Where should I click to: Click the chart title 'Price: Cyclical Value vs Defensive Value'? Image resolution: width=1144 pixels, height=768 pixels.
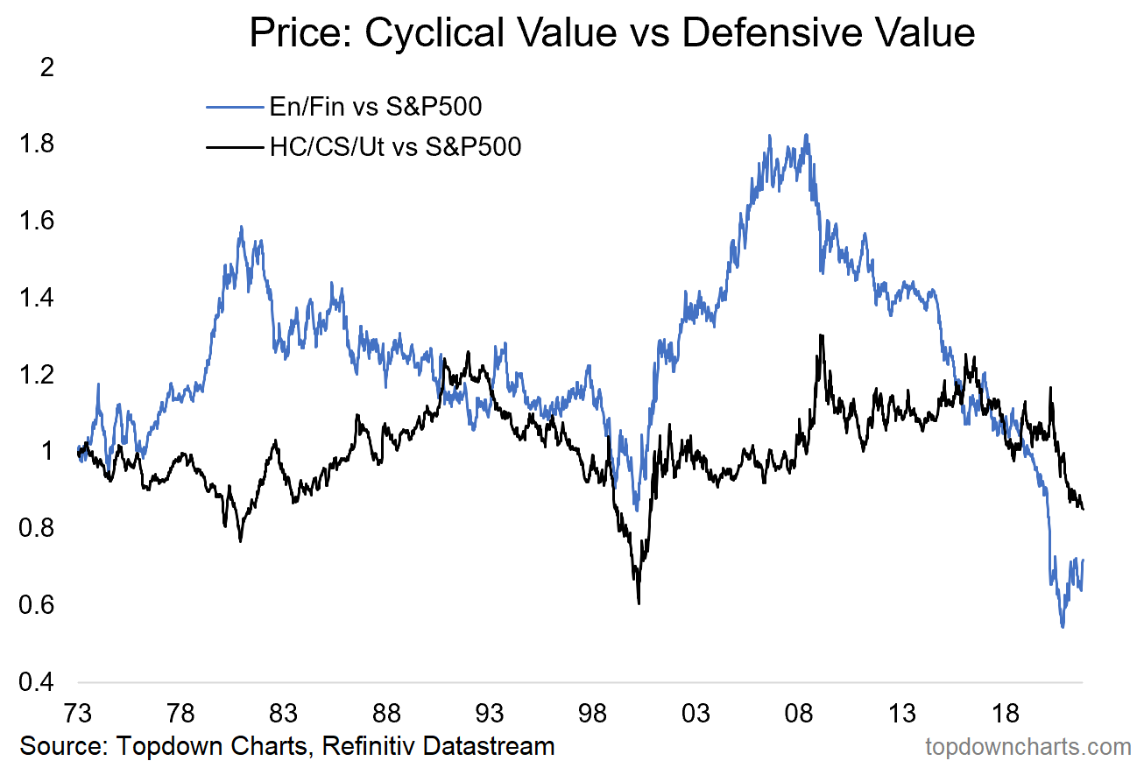611,32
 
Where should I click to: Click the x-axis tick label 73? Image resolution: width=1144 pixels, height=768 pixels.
78,711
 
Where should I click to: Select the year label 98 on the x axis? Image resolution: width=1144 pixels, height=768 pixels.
594,711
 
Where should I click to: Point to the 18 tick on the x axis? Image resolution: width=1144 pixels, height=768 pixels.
1006,711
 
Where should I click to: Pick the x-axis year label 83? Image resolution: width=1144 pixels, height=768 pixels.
284,711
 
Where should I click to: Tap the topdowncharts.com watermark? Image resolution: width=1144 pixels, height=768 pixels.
1028,747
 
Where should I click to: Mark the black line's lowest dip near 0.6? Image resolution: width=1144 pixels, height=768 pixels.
639,602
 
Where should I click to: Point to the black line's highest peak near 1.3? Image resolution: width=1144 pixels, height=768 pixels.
820,335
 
